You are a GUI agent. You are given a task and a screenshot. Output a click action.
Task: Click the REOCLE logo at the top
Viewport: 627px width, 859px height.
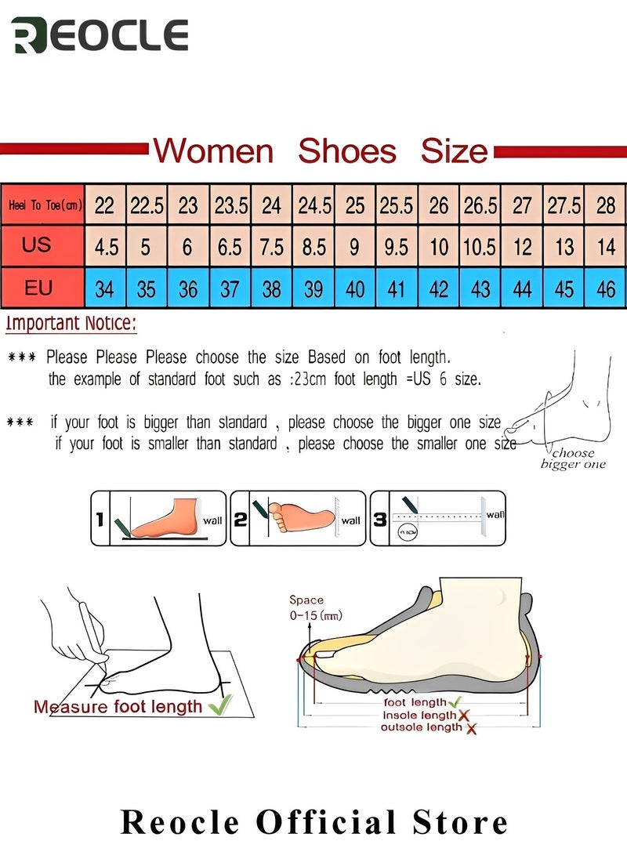tap(100, 36)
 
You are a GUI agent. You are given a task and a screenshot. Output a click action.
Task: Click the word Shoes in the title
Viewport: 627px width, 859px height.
tap(347, 150)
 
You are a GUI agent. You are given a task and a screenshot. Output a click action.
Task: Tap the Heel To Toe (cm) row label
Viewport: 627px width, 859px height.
tap(44, 205)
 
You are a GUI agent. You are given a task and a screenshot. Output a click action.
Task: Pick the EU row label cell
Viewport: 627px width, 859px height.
tap(38, 288)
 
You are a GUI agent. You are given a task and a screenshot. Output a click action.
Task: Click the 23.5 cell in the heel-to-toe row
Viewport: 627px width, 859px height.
tap(230, 205)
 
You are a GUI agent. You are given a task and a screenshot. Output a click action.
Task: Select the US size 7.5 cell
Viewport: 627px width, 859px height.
tap(271, 247)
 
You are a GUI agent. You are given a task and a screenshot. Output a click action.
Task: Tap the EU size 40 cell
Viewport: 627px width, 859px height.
tap(355, 289)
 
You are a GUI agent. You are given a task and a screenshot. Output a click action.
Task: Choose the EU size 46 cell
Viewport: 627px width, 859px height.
tap(605, 289)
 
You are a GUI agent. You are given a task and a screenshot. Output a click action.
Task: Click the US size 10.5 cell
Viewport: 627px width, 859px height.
tap(480, 247)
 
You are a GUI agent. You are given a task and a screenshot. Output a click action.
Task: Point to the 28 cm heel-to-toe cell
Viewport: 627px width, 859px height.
tap(605, 205)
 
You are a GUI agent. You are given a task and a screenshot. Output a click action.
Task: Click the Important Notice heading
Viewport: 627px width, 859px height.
tap(71, 323)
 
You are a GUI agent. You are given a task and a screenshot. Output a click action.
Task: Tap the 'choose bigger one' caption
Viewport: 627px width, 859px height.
tap(573, 458)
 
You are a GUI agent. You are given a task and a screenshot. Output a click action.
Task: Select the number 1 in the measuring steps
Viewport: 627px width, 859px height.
tap(100, 518)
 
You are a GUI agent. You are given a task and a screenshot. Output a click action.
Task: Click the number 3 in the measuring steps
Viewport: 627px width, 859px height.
tap(379, 518)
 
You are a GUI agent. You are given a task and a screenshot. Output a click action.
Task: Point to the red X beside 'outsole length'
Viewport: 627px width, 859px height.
tap(471, 729)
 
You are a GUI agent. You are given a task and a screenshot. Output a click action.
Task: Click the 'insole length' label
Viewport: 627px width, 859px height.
tap(419, 715)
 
